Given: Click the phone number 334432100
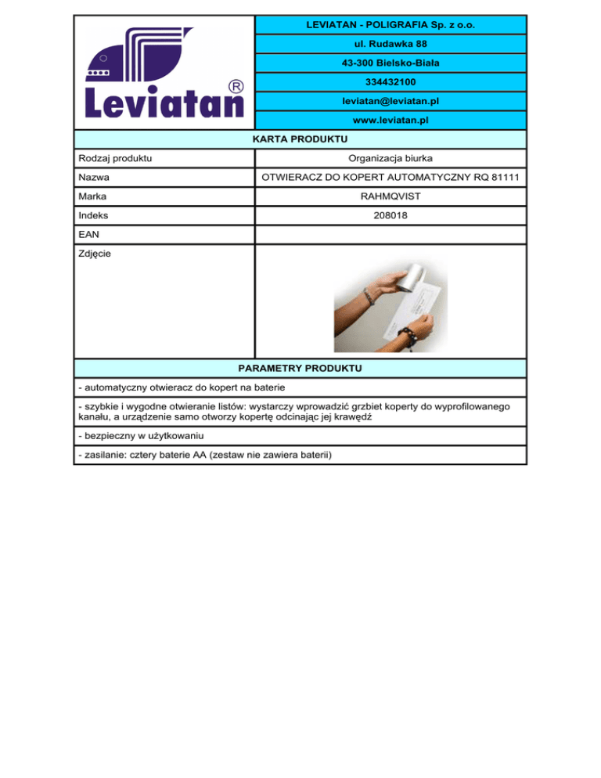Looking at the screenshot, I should point(390,82).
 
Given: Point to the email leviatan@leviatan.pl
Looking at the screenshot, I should point(390,102).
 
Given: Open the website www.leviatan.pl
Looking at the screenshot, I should point(390,121).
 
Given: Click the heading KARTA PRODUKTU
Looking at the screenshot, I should point(300,139).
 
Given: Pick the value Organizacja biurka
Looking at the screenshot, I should point(390,159).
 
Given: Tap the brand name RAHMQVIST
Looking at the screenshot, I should point(390,196).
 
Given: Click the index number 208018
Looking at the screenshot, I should point(390,214).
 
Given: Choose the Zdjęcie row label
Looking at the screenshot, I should point(95,254).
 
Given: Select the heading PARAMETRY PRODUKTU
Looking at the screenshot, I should point(300,367).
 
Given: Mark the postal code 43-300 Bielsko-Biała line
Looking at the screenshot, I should point(390,63).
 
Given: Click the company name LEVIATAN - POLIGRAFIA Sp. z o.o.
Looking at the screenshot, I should point(390,25).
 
